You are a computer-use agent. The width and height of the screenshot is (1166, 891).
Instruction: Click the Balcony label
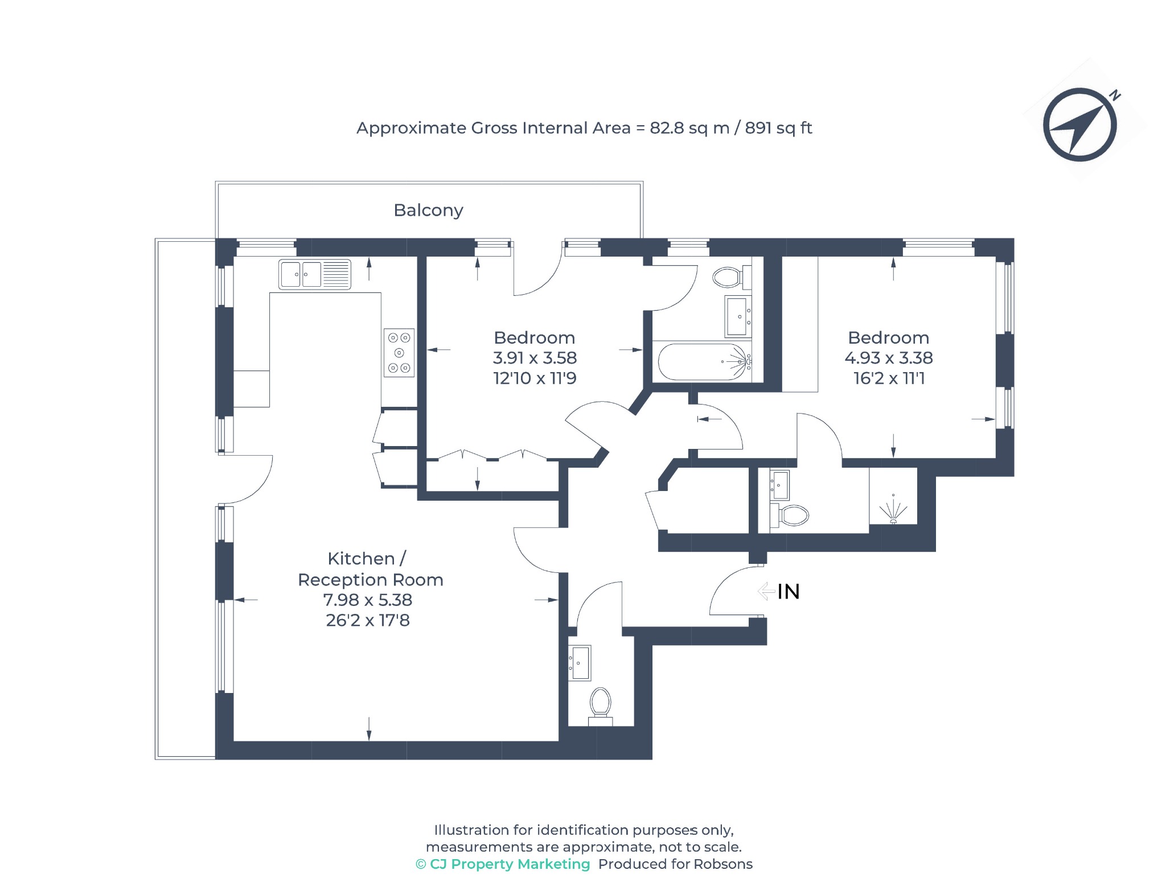(428, 211)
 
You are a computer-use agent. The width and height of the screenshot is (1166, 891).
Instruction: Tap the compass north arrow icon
(1080, 124)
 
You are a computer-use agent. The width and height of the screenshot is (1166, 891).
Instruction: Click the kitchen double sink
(314, 274)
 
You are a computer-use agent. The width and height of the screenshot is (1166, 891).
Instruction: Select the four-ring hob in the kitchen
(399, 353)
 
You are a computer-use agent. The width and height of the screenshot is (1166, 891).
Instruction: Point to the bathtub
(703, 362)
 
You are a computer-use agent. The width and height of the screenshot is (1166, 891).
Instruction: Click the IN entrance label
(789, 592)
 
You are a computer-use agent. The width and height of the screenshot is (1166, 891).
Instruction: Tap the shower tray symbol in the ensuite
(893, 500)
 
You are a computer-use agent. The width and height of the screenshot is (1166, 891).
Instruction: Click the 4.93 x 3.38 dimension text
(888, 358)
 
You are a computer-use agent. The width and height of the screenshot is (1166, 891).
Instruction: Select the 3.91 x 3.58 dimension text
(535, 358)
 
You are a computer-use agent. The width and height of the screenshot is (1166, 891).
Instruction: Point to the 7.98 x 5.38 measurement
(368, 600)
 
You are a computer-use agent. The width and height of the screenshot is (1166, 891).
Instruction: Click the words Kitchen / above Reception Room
(367, 559)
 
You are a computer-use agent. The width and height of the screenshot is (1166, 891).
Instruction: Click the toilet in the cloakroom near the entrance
(600, 706)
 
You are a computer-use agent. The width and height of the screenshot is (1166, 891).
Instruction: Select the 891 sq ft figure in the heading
(778, 128)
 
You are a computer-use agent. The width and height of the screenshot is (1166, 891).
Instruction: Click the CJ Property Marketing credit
(503, 864)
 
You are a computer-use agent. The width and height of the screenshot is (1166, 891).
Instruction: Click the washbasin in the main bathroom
(738, 316)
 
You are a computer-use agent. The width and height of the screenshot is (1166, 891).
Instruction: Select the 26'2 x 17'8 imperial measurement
(368, 620)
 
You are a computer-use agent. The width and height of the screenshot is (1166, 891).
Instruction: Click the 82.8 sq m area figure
(689, 128)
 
